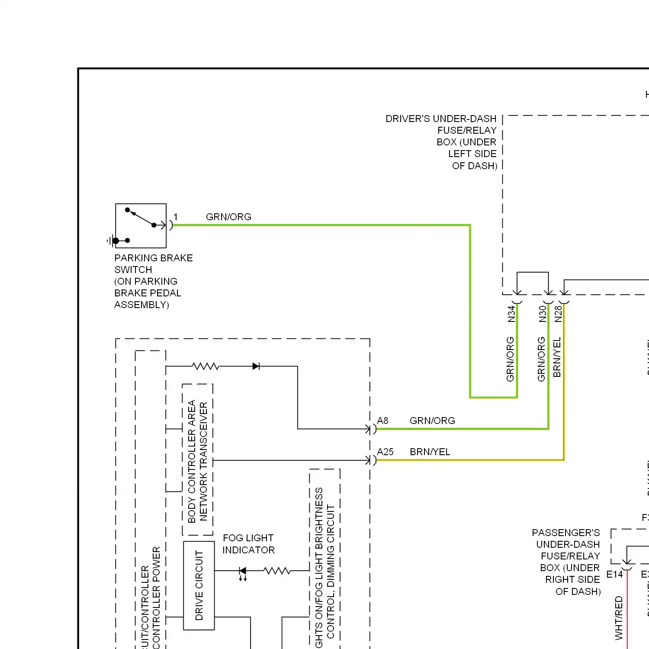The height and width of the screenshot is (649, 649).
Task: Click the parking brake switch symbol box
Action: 141,225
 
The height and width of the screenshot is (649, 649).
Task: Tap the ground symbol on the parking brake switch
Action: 112,241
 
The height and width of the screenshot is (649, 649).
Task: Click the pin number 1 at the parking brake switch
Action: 175,217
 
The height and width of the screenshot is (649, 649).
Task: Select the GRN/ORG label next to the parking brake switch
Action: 228,217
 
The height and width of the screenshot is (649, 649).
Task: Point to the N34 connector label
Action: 511,314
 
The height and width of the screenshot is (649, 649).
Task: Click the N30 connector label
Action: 543,314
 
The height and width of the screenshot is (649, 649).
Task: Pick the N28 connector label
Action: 558,314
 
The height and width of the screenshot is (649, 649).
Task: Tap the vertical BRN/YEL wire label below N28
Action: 557,357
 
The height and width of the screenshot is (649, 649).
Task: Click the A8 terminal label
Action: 382,421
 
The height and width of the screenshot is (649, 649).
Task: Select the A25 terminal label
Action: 385,452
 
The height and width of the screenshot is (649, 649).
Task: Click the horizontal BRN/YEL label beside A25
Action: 430,452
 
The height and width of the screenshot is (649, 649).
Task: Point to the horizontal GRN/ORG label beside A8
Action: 432,421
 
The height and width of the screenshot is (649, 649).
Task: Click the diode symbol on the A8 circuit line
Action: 256,366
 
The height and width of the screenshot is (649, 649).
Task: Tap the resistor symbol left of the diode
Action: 206,366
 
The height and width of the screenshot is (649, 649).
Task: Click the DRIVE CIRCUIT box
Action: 199,585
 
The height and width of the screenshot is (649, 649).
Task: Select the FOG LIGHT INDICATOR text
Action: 248,544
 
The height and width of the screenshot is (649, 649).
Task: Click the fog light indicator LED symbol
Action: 243,572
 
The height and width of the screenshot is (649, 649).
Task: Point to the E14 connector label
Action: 614,574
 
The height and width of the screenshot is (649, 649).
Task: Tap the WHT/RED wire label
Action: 619,617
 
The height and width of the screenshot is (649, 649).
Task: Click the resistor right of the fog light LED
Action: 277,571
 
